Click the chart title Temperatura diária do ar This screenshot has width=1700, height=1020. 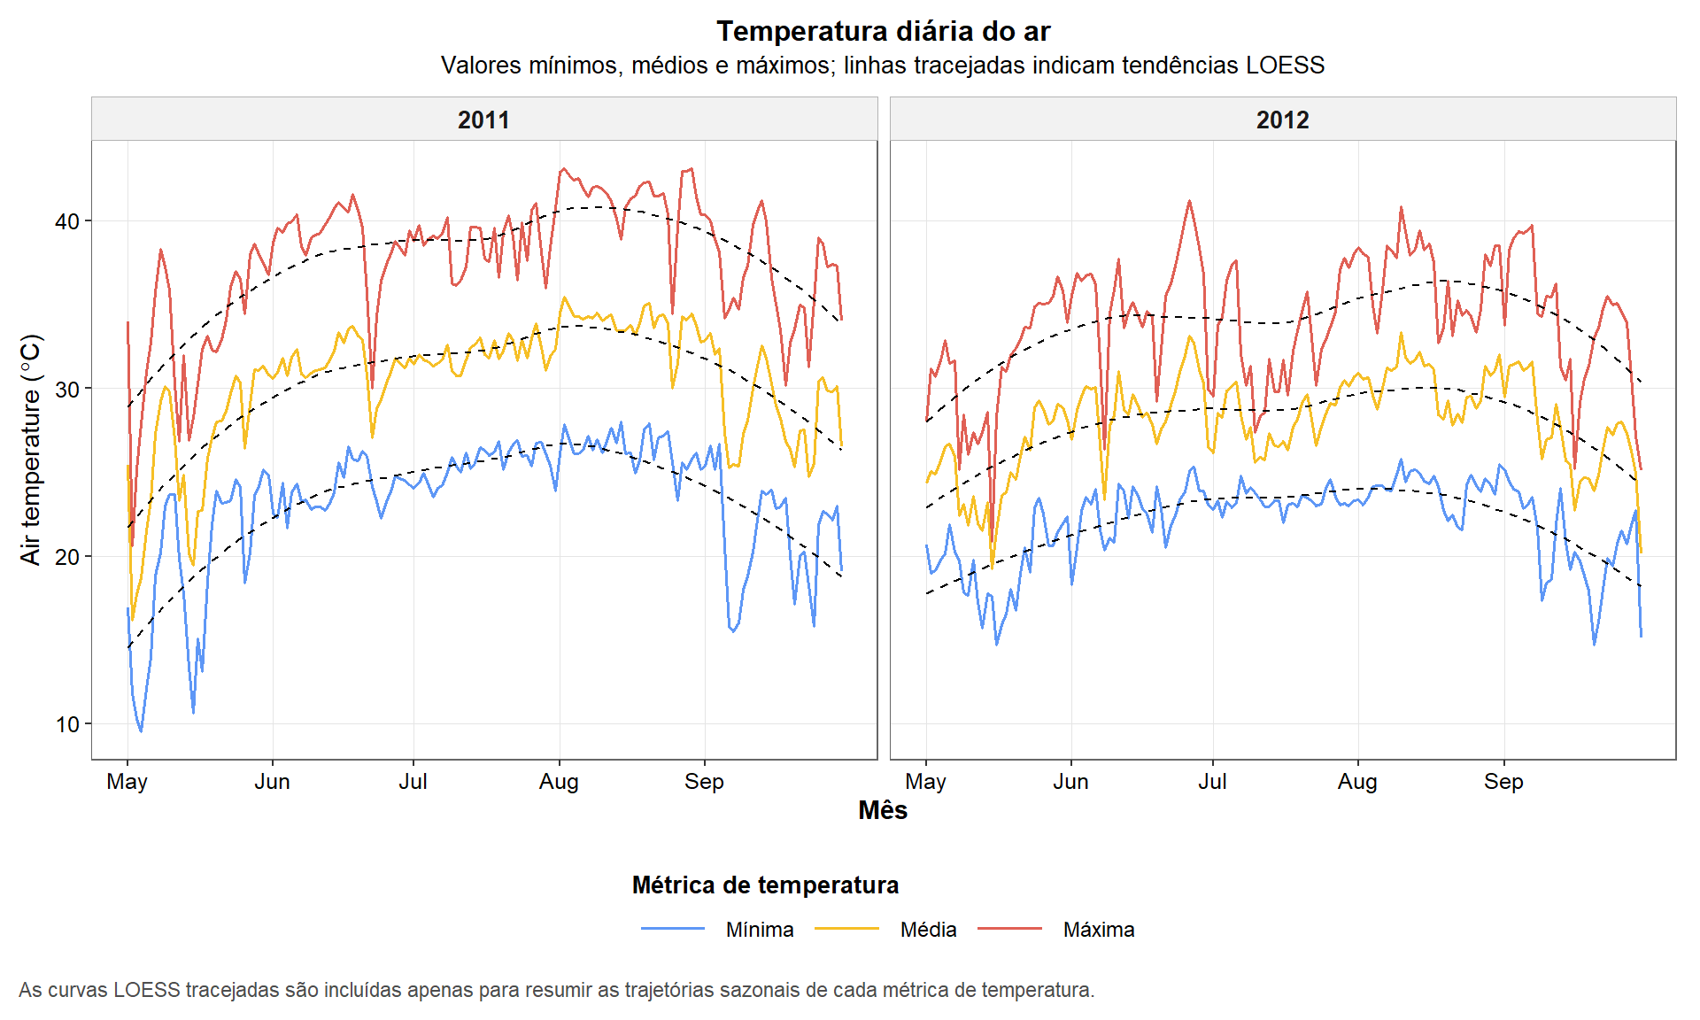pyautogui.click(x=883, y=32)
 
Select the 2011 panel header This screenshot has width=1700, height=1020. pyautogui.click(x=483, y=120)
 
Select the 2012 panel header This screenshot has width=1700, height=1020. pyautogui.click(x=1282, y=120)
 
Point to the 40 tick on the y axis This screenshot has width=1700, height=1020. pyautogui.click(x=67, y=221)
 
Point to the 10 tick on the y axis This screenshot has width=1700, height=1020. pyautogui.click(x=67, y=724)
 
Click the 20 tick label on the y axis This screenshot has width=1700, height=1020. pyautogui.click(x=67, y=557)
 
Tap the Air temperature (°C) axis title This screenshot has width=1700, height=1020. pyautogui.click(x=31, y=449)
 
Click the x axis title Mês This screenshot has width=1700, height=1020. pyautogui.click(x=883, y=810)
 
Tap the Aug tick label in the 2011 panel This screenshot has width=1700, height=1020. pyautogui.click(x=559, y=782)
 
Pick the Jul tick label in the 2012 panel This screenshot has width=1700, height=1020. pyautogui.click(x=1212, y=782)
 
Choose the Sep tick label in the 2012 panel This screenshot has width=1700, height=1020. pyautogui.click(x=1503, y=782)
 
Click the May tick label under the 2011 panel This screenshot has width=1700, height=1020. pyautogui.click(x=127, y=782)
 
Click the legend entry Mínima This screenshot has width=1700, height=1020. pyautogui.click(x=759, y=930)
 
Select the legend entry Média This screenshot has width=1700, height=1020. pyautogui.click(x=928, y=930)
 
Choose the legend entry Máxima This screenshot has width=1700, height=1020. pyautogui.click(x=1098, y=930)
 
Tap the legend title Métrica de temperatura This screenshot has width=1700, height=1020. pyautogui.click(x=765, y=885)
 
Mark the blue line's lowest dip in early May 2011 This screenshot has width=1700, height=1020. pyautogui.click(x=141, y=730)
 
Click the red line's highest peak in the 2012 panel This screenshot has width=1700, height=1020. pyautogui.click(x=1189, y=201)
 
